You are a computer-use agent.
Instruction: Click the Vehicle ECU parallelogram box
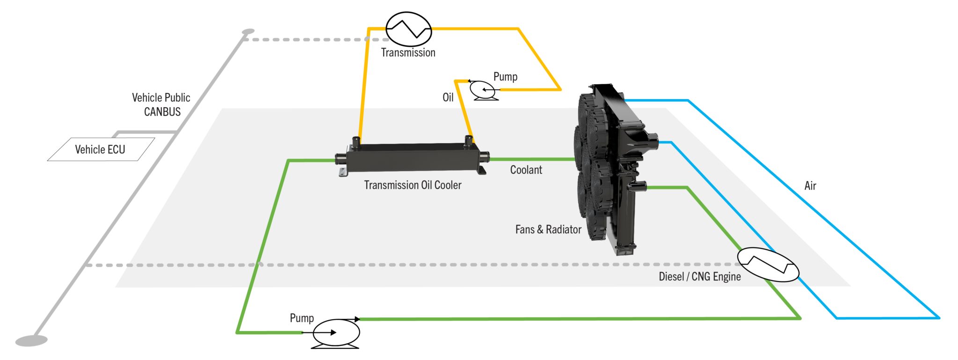[x=101, y=150]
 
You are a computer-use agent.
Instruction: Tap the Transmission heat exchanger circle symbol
[x=408, y=29]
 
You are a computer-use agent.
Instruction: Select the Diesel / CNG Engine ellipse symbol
[x=768, y=265]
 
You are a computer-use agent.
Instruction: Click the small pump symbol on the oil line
[x=483, y=90]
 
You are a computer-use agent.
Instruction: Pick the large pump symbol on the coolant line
[x=336, y=333]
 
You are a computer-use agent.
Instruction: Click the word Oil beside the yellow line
[x=448, y=97]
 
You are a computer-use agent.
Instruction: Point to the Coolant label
[x=526, y=170]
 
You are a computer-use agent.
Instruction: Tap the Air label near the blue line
[x=810, y=186]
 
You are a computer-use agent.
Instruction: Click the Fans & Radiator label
[x=548, y=230]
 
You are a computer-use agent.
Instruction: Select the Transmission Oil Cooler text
[x=413, y=185]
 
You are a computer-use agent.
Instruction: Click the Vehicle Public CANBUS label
[x=161, y=105]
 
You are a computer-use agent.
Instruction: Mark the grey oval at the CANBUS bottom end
[x=31, y=340]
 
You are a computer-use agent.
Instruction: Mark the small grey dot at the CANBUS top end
[x=248, y=32]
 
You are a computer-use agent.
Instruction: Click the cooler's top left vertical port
[x=356, y=143]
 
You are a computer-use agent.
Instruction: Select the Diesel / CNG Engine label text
[x=699, y=277]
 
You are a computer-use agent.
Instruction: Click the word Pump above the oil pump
[x=505, y=77]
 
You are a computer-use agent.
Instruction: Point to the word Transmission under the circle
[x=408, y=53]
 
